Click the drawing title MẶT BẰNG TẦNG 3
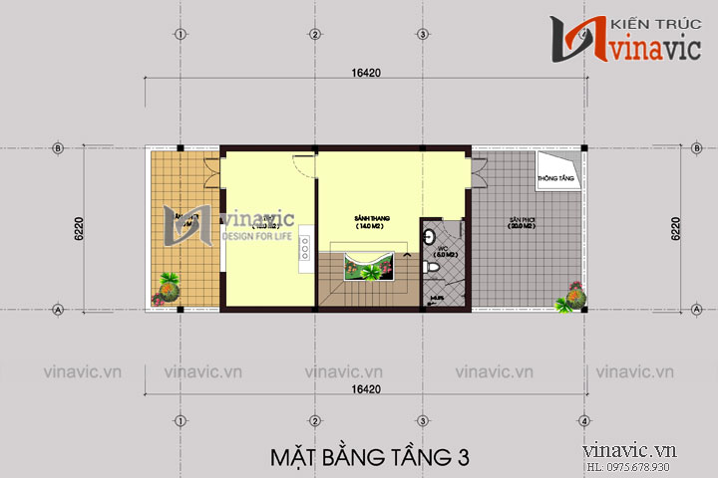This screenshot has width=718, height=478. pos(369,457)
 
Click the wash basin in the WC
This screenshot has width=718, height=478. pos(429,237)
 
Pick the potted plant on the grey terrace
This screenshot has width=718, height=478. pos(574,296)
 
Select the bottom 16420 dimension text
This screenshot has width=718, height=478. pos(368,386)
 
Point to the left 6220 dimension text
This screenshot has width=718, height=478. pos(77,230)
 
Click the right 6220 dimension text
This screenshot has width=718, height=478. pos(676,230)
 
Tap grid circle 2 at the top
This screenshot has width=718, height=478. pos(314,33)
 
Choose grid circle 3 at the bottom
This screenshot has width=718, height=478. pos(423,419)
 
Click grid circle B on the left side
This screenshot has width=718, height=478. pos(58,148)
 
